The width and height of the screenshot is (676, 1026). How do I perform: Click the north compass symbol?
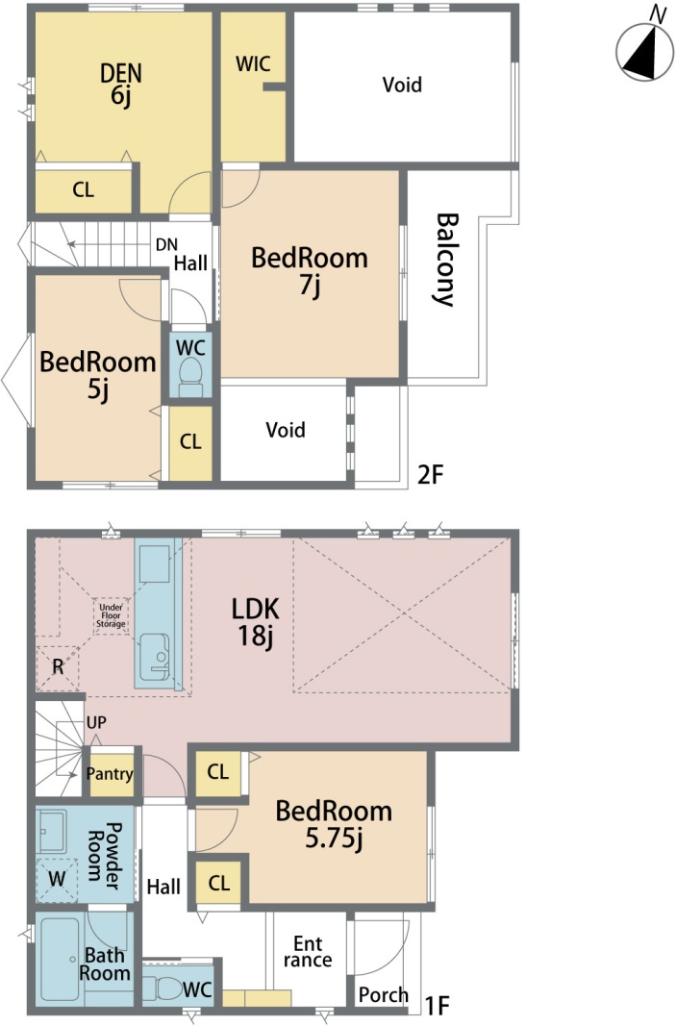point(644,51)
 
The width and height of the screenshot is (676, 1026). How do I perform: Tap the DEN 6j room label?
point(121,84)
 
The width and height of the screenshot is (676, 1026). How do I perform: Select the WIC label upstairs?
point(253,64)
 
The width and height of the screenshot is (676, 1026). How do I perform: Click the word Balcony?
point(445,259)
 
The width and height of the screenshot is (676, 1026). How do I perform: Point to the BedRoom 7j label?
point(310,269)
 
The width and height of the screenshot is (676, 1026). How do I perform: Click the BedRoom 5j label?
point(98,374)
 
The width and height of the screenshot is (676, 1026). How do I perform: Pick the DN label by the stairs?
point(166,245)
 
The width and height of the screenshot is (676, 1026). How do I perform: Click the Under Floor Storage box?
point(111,616)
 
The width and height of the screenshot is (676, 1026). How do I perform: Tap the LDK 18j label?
point(255,621)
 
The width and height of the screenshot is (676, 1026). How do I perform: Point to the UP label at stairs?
point(96,723)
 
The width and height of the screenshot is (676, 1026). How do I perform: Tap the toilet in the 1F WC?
point(161,988)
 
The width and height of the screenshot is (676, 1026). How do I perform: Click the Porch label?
point(384,995)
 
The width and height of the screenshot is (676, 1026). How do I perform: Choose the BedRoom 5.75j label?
point(334,824)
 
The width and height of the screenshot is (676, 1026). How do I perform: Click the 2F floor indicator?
point(431,474)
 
